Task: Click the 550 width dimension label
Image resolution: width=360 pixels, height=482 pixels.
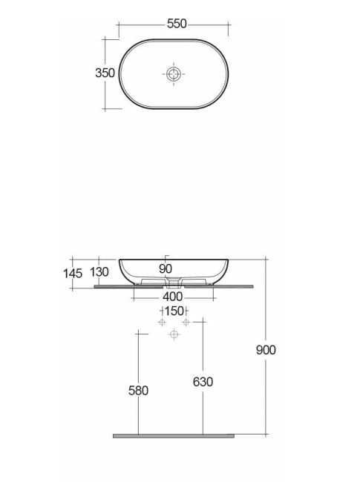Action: (x=177, y=24)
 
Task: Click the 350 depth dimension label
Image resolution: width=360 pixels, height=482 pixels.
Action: (x=105, y=73)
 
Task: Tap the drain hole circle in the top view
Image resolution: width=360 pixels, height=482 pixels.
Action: (x=174, y=74)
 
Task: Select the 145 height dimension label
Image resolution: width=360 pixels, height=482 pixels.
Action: (x=73, y=274)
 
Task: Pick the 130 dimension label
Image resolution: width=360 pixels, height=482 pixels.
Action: (x=99, y=271)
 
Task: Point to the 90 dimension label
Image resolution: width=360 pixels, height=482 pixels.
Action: (x=166, y=268)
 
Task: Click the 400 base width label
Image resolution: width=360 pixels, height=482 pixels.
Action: (x=173, y=297)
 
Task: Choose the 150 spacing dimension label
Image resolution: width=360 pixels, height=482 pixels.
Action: (x=174, y=311)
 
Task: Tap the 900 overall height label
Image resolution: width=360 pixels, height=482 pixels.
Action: (x=266, y=350)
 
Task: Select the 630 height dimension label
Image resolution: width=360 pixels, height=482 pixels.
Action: (x=203, y=382)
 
